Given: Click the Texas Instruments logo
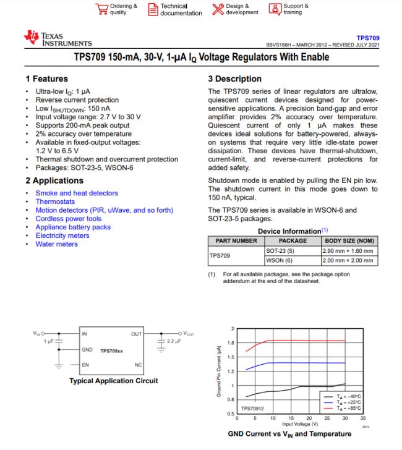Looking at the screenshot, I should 58,39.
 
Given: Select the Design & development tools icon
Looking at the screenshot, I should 217,9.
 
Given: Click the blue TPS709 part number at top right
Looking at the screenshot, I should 368,38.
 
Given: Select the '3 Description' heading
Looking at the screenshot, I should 235,79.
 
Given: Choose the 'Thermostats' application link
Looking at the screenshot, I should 55,202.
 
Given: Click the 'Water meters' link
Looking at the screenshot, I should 57,244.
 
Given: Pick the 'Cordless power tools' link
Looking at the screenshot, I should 69,219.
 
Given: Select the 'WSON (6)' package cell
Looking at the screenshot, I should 280,260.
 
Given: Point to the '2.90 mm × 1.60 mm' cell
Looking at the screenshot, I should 348,251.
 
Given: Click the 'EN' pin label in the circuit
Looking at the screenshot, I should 85,365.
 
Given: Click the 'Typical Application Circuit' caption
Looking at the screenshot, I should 113,381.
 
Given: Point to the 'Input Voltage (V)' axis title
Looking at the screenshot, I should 301,424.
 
